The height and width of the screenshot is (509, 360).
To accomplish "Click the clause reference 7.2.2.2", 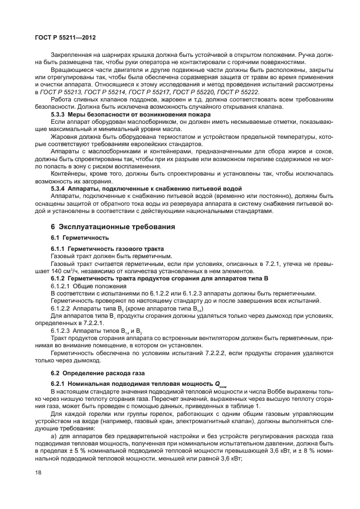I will tap(206, 353).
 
